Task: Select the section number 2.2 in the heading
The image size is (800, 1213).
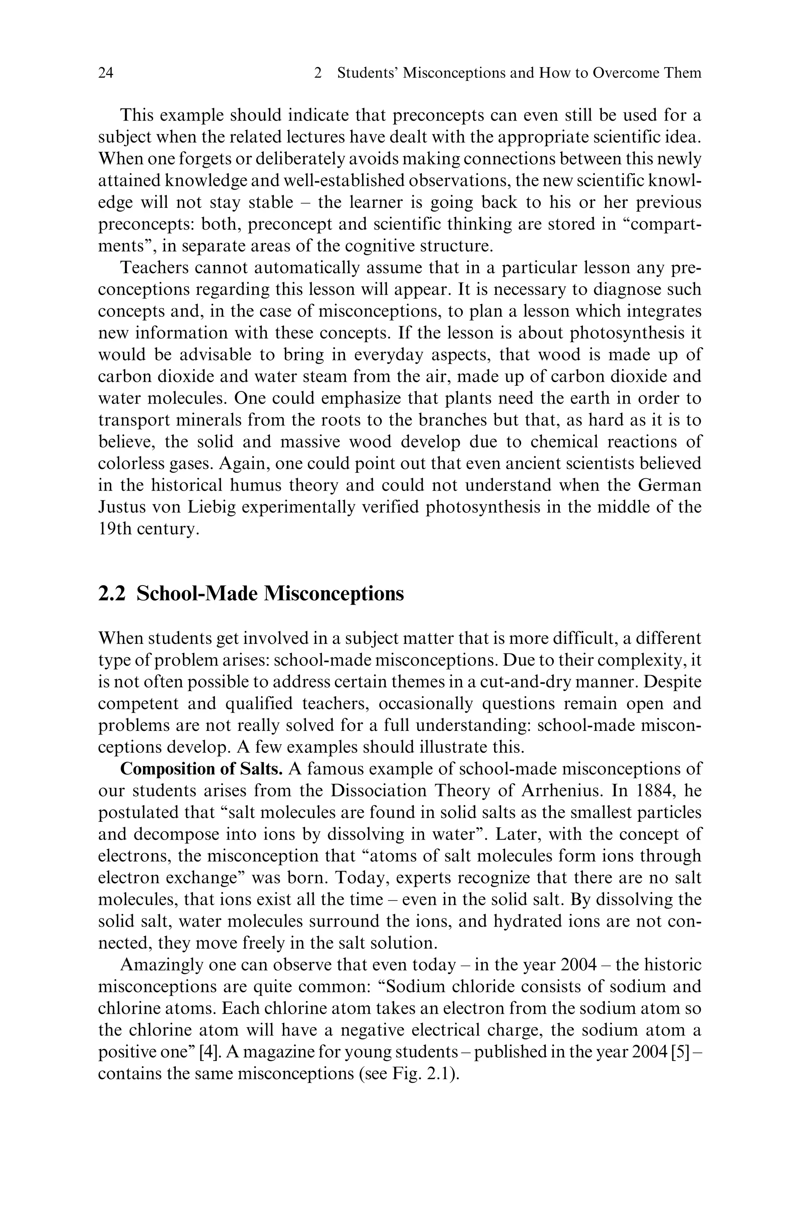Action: coord(111,594)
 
